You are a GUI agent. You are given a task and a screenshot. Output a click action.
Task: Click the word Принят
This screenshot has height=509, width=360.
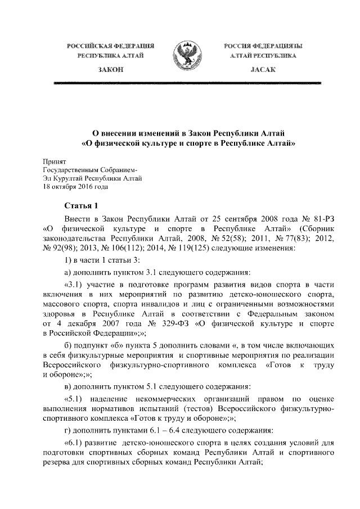coord(53,161)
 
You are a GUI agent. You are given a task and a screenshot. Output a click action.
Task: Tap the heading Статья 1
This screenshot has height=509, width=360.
coord(81,206)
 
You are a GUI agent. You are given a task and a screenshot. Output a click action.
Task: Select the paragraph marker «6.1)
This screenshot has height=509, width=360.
coord(76,445)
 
